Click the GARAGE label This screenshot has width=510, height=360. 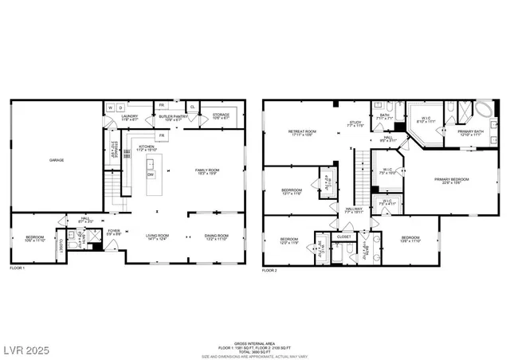[57, 160]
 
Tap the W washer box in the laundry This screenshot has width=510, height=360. [110, 107]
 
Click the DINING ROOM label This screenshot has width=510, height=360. [216, 237]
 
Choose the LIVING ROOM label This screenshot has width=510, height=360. [156, 237]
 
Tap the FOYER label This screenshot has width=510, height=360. [114, 232]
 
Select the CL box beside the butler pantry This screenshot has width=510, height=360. [192, 106]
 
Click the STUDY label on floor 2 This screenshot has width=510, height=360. [355, 124]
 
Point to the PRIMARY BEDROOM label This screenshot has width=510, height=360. [452, 181]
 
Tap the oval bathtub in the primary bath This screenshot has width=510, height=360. [484, 109]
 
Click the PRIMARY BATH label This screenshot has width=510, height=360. [470, 132]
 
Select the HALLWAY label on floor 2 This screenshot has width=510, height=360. [354, 210]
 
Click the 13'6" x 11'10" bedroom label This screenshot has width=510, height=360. [410, 240]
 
